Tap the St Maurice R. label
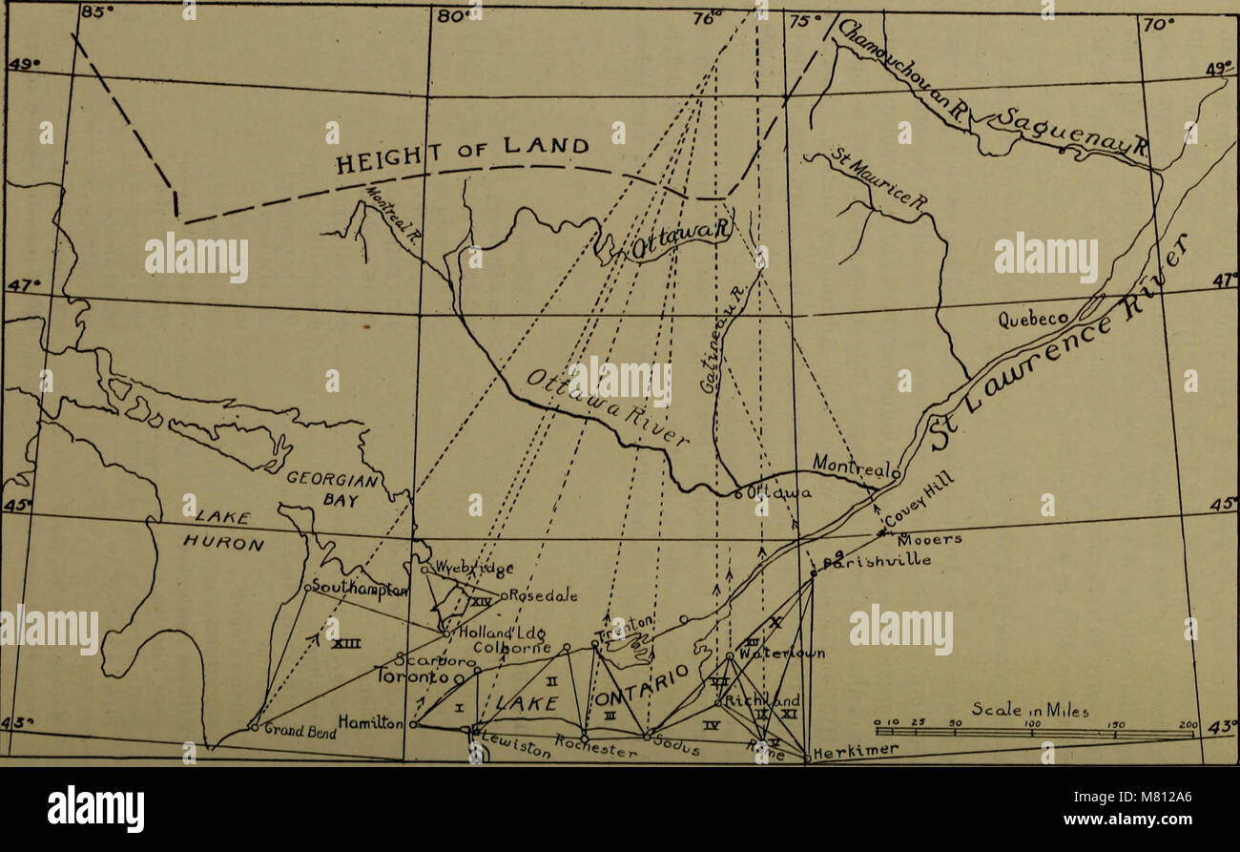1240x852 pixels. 877,177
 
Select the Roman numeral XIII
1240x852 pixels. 344,646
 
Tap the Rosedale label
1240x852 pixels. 544,596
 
